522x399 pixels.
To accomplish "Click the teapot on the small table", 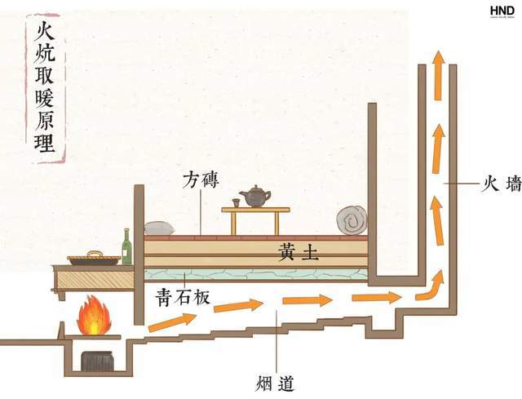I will pyautogui.click(x=255, y=196).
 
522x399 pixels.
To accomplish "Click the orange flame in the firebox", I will pyautogui.click(x=93, y=316).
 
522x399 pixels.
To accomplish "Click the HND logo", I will pyautogui.click(x=502, y=11).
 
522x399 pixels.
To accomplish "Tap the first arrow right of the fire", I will pyautogui.click(x=170, y=320).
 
